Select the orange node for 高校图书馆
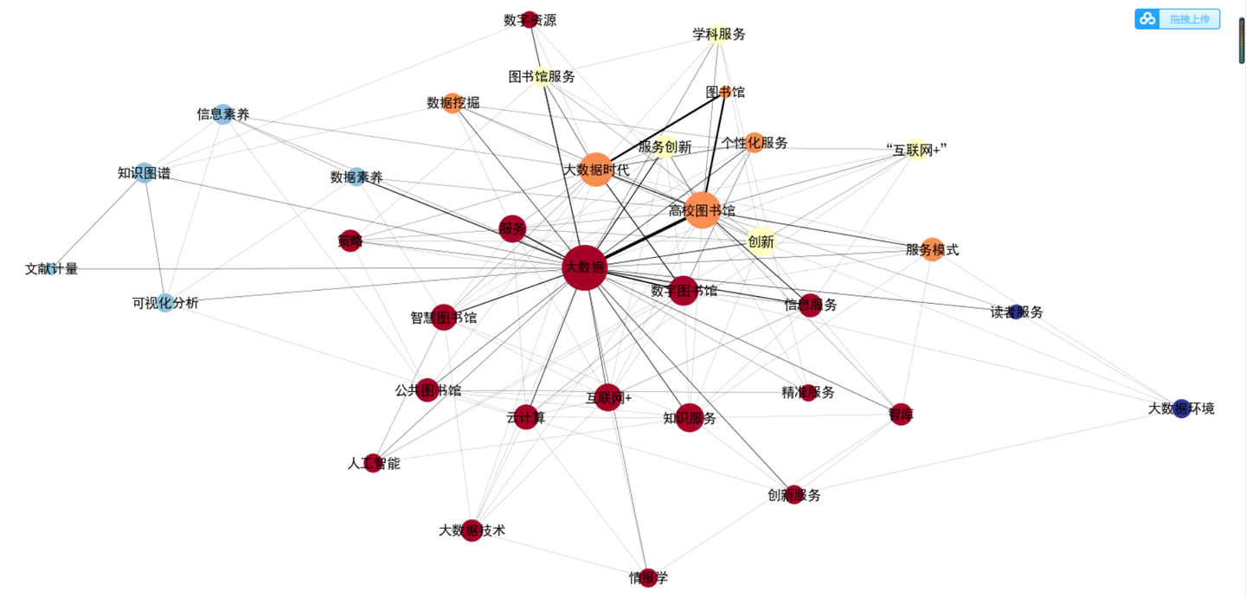703,210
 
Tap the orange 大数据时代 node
595,170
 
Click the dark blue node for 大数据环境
1182,408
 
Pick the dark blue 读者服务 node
1017,312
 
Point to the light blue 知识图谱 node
145,173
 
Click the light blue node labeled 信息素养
223,114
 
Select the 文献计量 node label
52,269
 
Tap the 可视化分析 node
166,303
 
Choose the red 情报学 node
648,577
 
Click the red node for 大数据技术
472,530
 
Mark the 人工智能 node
373,463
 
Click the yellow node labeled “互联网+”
917,149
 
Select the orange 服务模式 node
932,249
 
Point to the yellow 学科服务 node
718,35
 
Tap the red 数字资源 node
530,20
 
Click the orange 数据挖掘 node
453,103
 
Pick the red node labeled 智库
901,415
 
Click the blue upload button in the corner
1177,19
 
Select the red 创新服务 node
794,495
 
